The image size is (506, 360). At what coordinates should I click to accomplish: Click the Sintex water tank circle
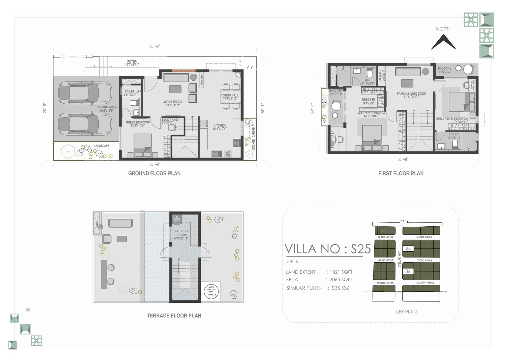(x=211, y=291)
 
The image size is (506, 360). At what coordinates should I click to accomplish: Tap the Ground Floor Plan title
(x=154, y=174)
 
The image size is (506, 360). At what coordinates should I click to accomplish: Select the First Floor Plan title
(x=401, y=174)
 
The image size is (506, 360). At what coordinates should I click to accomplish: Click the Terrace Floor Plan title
(x=174, y=315)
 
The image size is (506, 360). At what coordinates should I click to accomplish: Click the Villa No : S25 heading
(x=328, y=249)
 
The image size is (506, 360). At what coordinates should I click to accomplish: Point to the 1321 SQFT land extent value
(x=341, y=272)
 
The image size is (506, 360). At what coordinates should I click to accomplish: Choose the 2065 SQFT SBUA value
(x=341, y=280)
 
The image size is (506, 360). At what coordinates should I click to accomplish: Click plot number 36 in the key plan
(x=408, y=271)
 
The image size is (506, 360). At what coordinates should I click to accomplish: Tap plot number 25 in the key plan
(x=408, y=249)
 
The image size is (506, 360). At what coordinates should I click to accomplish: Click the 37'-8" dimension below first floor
(x=403, y=160)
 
